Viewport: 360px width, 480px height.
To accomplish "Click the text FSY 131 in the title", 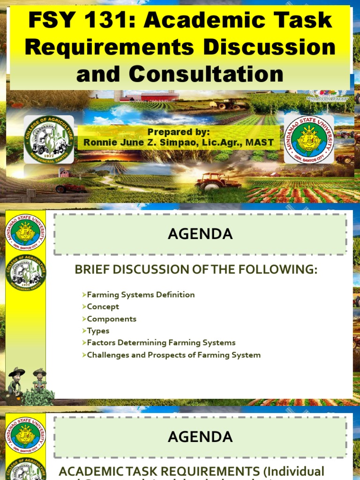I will pos(79,21).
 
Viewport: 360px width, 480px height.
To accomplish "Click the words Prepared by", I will pos(179,132).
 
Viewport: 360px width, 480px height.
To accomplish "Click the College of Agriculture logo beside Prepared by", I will pos(49,139).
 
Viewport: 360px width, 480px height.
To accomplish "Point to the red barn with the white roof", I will pos(159,97).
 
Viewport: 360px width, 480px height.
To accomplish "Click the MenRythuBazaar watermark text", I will pos(327,99).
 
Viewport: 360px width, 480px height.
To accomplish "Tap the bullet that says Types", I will pos(98,331).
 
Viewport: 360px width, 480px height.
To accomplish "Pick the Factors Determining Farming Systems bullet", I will pos(161,343).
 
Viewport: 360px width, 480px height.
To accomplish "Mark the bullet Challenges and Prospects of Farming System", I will pos(173,355).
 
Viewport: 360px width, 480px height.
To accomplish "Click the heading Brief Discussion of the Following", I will pos(196,270).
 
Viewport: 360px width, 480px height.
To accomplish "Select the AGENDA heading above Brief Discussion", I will pos(201,234).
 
